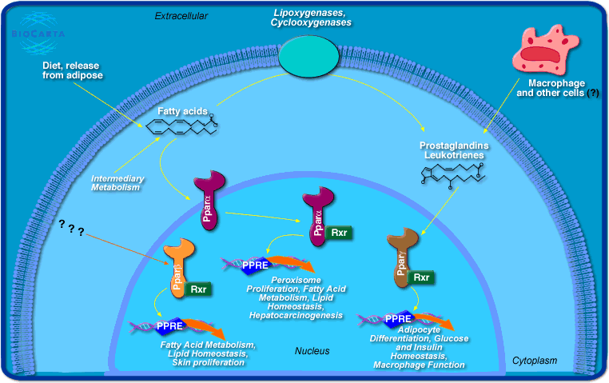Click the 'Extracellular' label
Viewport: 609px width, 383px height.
[181, 15]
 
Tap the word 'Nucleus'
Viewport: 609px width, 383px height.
[312, 351]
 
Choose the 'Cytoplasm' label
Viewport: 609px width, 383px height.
[534, 361]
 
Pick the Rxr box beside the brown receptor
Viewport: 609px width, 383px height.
[423, 277]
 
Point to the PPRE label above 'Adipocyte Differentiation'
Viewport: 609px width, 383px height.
[399, 318]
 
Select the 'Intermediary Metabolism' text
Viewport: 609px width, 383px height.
[116, 183]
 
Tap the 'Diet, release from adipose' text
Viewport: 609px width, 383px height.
[73, 70]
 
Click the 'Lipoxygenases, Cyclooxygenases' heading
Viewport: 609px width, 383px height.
[311, 18]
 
